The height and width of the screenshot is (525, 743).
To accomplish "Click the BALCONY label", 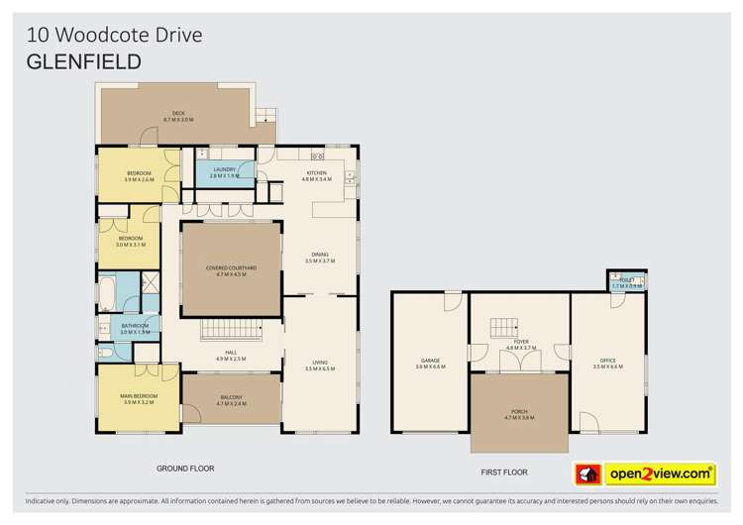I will (232, 400).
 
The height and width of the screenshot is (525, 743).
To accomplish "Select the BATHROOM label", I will (135, 329).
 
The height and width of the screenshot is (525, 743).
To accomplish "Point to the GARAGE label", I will (430, 363).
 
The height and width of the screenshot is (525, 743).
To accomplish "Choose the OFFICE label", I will (608, 363).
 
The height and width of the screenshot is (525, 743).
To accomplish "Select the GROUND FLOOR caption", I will (186, 468).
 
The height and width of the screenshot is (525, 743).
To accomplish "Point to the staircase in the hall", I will (231, 333).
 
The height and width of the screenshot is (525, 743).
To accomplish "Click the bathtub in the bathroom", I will (109, 291).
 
